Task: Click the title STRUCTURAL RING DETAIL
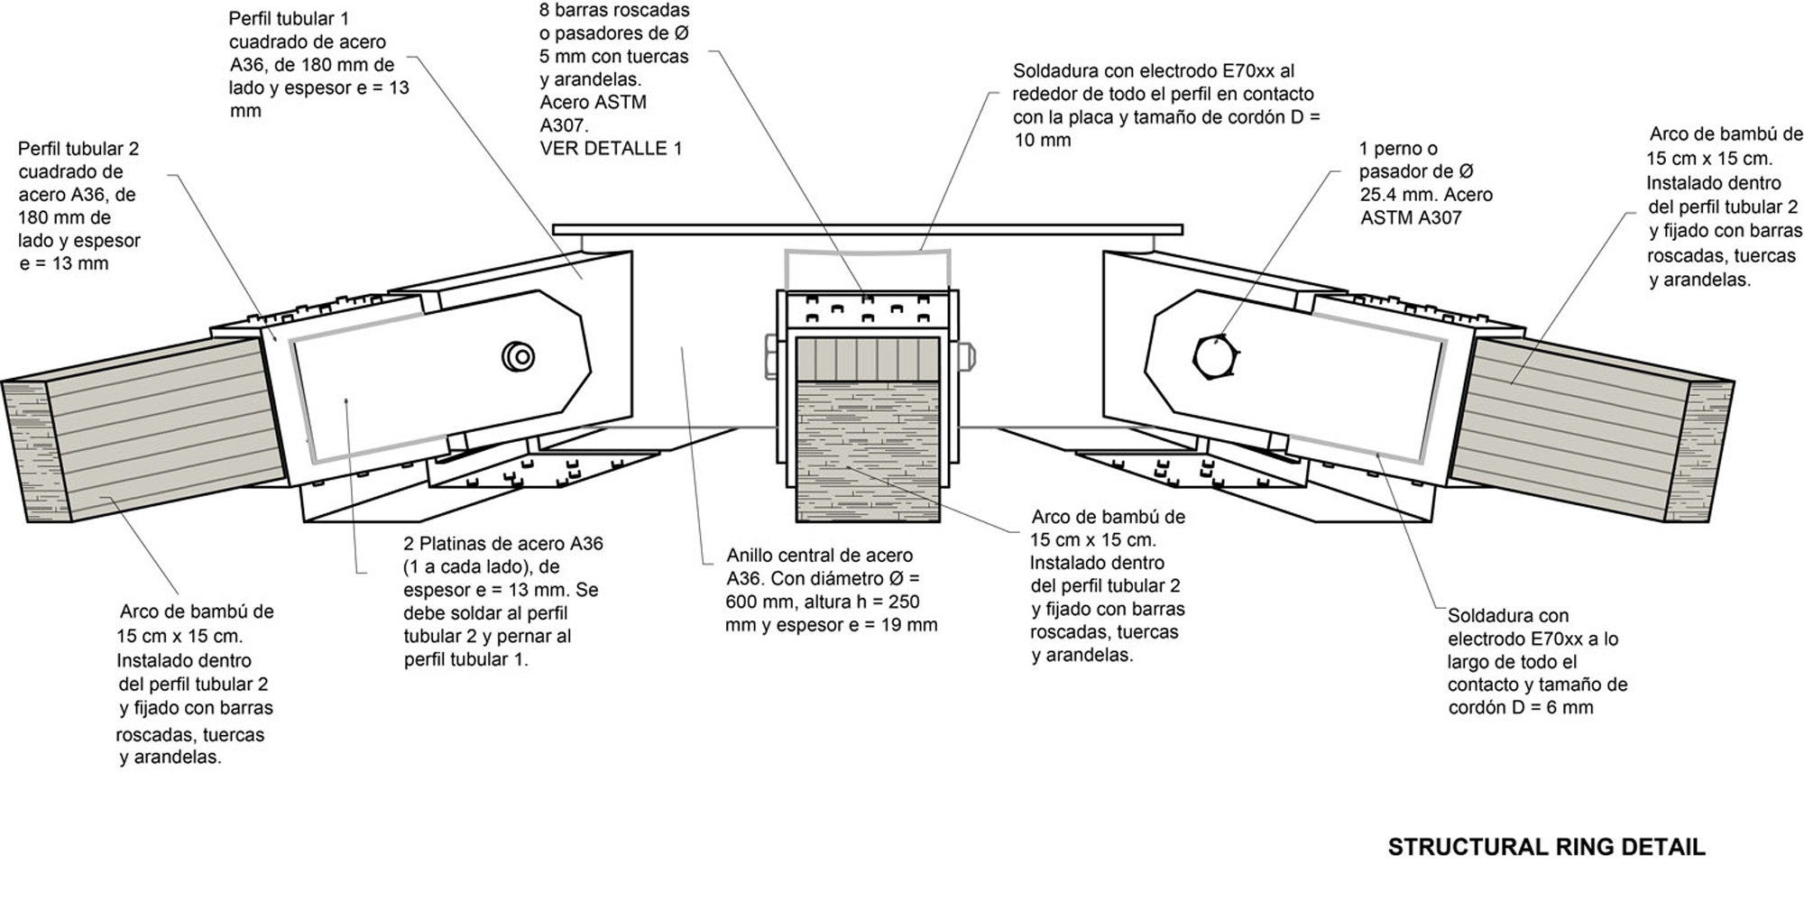(1546, 848)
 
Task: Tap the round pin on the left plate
(518, 356)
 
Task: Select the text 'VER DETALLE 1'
(611, 149)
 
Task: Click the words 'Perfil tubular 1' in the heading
(289, 19)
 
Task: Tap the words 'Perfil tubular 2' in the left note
(78, 149)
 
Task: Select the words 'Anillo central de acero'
(819, 556)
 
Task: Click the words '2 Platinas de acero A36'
(503, 544)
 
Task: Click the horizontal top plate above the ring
(866, 230)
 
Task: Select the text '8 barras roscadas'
(614, 11)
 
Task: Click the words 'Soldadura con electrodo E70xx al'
(1153, 71)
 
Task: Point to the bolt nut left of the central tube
(770, 356)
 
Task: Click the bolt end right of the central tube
(966, 356)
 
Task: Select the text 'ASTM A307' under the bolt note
(1411, 218)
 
